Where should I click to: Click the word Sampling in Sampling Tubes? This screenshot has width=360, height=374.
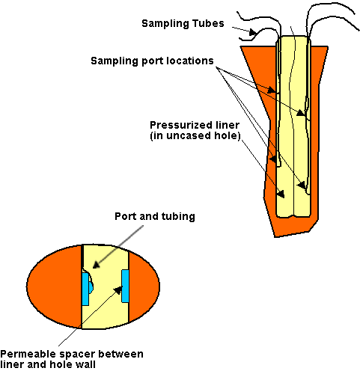click(162, 24)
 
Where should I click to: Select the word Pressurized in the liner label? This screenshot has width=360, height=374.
click(177, 125)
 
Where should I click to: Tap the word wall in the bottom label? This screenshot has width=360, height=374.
click(85, 364)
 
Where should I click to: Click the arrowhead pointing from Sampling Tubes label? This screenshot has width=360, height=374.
click(253, 32)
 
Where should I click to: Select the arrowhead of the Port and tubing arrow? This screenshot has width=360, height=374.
click(97, 265)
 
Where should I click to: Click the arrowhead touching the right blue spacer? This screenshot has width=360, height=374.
click(118, 289)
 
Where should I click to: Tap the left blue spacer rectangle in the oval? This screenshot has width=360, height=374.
click(85, 289)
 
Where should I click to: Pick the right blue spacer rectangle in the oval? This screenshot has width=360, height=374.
click(125, 286)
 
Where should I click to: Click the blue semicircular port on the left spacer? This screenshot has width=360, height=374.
click(91, 286)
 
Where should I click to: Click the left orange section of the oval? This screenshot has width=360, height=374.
click(54, 286)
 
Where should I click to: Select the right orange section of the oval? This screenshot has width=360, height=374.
click(144, 286)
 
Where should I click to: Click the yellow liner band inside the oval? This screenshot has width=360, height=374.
click(106, 286)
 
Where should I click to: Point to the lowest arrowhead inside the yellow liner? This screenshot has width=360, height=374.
click(281, 194)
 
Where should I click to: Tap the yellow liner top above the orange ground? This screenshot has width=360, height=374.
click(293, 41)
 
